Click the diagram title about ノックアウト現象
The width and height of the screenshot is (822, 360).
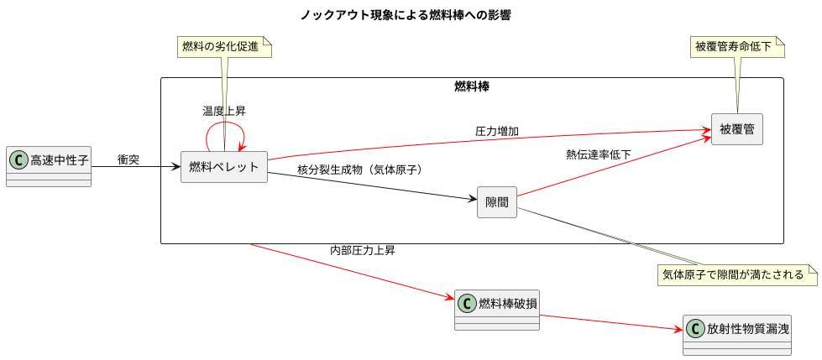click(x=405, y=15)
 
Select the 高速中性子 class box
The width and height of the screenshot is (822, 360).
click(x=49, y=167)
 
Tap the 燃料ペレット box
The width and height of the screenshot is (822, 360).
click(x=224, y=167)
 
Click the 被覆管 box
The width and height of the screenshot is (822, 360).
click(x=736, y=129)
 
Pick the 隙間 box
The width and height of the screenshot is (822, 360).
click(x=496, y=202)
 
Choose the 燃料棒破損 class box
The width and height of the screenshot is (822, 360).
click(x=497, y=310)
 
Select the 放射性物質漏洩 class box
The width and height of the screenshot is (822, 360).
click(x=737, y=335)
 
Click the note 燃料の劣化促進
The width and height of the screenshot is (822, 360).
click(x=224, y=47)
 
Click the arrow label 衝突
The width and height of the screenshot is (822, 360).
click(x=128, y=159)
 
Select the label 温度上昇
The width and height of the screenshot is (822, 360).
click(x=224, y=111)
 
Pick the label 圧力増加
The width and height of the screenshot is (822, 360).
click(x=497, y=132)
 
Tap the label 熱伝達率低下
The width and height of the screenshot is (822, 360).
click(x=599, y=154)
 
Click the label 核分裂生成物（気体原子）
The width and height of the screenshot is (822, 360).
click(x=359, y=170)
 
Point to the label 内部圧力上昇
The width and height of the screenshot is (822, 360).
click(x=363, y=250)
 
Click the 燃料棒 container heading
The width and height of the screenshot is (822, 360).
click(x=472, y=86)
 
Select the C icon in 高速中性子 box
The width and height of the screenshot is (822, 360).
click(x=18, y=159)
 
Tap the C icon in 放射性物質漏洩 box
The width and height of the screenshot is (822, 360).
click(x=695, y=328)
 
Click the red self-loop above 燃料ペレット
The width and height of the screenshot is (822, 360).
click(x=225, y=126)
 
